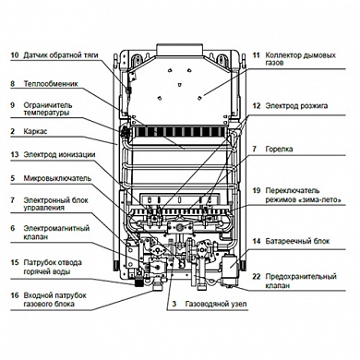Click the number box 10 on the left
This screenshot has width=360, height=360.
[13, 55]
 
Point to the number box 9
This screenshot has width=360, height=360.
[13, 105]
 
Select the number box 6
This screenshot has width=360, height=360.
[13, 227]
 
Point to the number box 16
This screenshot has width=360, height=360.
[13, 295]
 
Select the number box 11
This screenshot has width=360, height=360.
[257, 56]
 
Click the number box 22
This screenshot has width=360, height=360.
[257, 276]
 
